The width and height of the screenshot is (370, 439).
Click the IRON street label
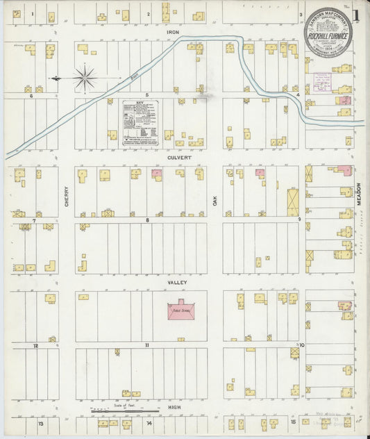(173, 32)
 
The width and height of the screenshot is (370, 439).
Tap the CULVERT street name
(174, 158)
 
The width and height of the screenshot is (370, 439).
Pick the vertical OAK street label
(215, 199)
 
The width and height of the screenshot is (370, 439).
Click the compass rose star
(85, 78)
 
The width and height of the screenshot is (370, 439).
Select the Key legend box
(140, 123)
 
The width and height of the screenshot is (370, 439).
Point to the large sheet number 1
(357, 15)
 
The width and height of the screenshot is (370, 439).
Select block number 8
(147, 220)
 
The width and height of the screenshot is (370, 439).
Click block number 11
(147, 345)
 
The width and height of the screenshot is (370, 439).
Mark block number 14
(149, 422)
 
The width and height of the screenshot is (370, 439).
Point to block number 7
(33, 220)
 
